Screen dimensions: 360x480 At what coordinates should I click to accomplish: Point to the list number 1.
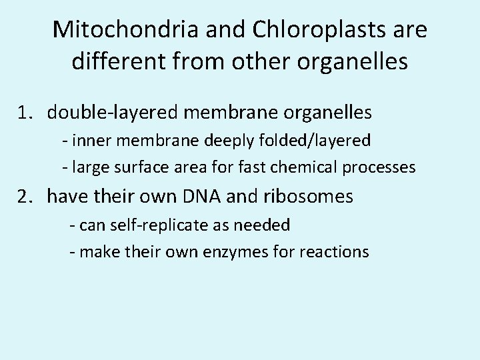(27, 113)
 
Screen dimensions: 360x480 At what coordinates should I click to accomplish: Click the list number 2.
(27, 197)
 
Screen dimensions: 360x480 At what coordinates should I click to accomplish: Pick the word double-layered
(109, 113)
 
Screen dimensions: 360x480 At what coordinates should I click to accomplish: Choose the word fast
(251, 167)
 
